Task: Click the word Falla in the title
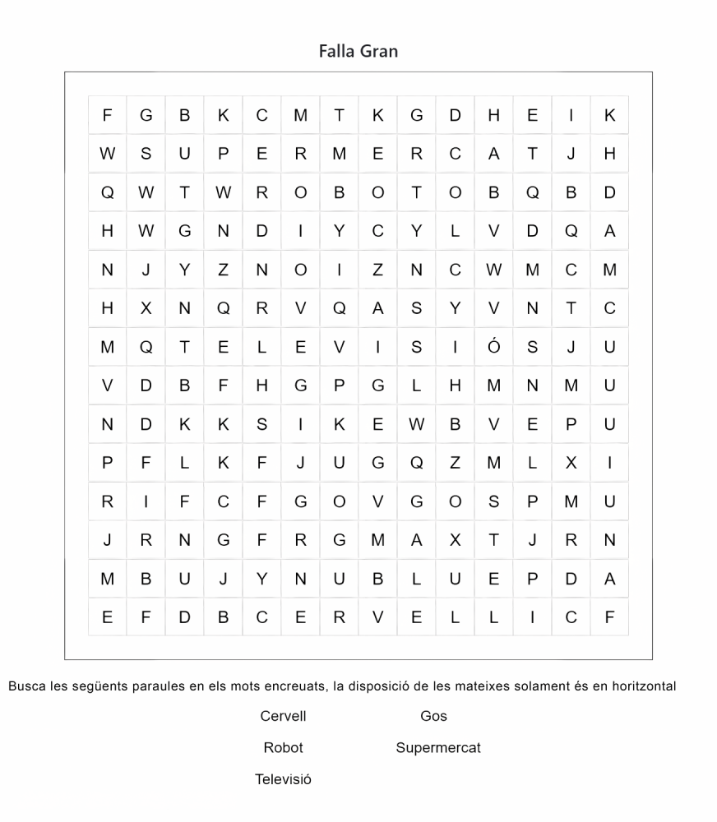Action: tap(336, 51)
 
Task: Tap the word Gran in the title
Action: tap(379, 51)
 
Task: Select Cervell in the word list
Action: tap(283, 716)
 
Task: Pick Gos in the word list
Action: tap(433, 716)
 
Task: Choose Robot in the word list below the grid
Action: tap(283, 748)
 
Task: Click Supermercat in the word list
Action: tap(438, 748)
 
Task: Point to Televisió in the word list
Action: tap(283, 779)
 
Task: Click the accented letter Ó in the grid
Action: tap(493, 347)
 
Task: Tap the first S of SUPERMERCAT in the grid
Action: tap(146, 154)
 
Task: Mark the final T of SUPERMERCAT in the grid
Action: tap(532, 154)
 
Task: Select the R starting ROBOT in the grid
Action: tap(261, 192)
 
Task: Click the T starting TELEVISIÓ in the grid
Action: tap(184, 347)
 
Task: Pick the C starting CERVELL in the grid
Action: tap(261, 617)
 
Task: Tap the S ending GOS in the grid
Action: tap(493, 501)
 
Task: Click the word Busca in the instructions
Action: tap(27, 686)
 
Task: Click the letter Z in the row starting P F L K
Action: tap(455, 463)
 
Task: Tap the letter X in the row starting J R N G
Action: tap(455, 540)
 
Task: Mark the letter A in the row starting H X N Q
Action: tap(377, 308)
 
